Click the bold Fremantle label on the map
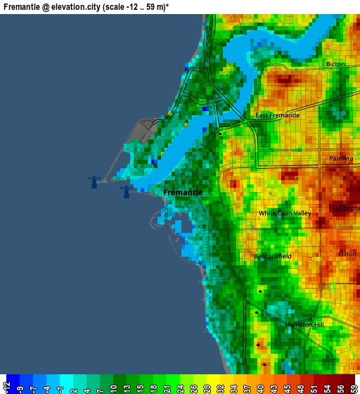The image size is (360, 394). [x=183, y=192]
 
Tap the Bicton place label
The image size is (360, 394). [x=335, y=64]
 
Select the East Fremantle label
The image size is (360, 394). [x=277, y=115]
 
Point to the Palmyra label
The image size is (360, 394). [x=341, y=158]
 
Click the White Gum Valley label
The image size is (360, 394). [x=284, y=213]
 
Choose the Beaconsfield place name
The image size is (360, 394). [x=272, y=257]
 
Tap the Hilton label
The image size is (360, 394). [x=347, y=254]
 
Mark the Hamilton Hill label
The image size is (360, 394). [x=304, y=324]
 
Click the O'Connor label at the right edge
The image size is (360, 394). [x=345, y=208]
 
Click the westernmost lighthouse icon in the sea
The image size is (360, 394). [x=93, y=182]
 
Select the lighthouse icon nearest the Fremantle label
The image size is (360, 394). [x=126, y=191]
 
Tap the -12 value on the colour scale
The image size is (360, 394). [x=7, y=386]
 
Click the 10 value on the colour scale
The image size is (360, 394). [x=114, y=386]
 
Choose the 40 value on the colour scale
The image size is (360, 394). [x=259, y=386]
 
